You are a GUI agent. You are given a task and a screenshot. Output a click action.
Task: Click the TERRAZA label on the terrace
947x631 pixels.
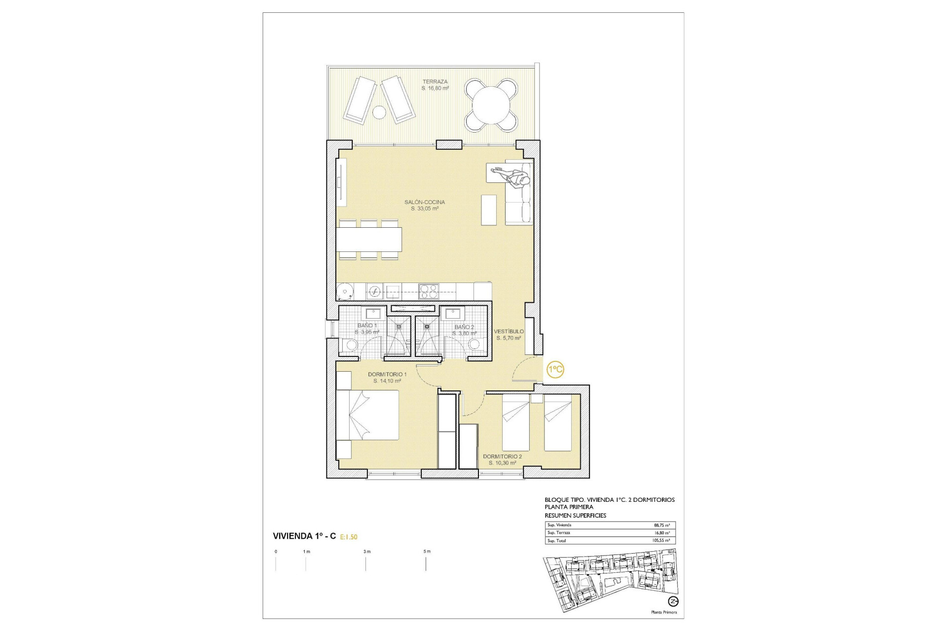pos(435,82)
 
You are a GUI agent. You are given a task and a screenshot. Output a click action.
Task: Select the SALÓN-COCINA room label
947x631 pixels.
pos(425,202)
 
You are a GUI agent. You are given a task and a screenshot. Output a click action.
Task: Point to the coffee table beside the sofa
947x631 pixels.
pos(489,210)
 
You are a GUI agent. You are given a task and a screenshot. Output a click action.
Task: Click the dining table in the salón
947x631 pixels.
pos(369,239)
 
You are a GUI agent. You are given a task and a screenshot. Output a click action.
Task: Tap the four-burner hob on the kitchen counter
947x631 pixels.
pos(428,291)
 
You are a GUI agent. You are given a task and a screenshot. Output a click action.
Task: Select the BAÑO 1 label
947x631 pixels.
pos(367,326)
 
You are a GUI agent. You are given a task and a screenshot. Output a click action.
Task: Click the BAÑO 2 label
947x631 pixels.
pos(464,327)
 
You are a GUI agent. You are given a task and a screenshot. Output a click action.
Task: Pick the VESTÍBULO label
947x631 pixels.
pos(509,332)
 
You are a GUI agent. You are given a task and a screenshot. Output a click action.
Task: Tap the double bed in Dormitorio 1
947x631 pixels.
pos(368,415)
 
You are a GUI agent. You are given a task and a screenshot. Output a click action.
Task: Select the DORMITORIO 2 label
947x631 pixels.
pos(502,456)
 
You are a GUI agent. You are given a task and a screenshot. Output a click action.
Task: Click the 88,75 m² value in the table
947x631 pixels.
pos(661,526)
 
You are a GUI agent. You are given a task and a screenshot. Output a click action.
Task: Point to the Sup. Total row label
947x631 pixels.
pos(556,541)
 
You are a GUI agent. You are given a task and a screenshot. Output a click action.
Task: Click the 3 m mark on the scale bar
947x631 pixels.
pos(366,552)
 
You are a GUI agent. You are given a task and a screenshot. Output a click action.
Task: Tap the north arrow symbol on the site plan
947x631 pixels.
pos(673,601)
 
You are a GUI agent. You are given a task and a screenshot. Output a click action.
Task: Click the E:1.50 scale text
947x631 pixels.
pos(349,537)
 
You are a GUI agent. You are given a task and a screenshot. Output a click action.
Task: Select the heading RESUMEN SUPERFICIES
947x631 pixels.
pos(575,516)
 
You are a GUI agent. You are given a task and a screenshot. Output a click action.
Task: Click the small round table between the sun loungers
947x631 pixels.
pos(379,112)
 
